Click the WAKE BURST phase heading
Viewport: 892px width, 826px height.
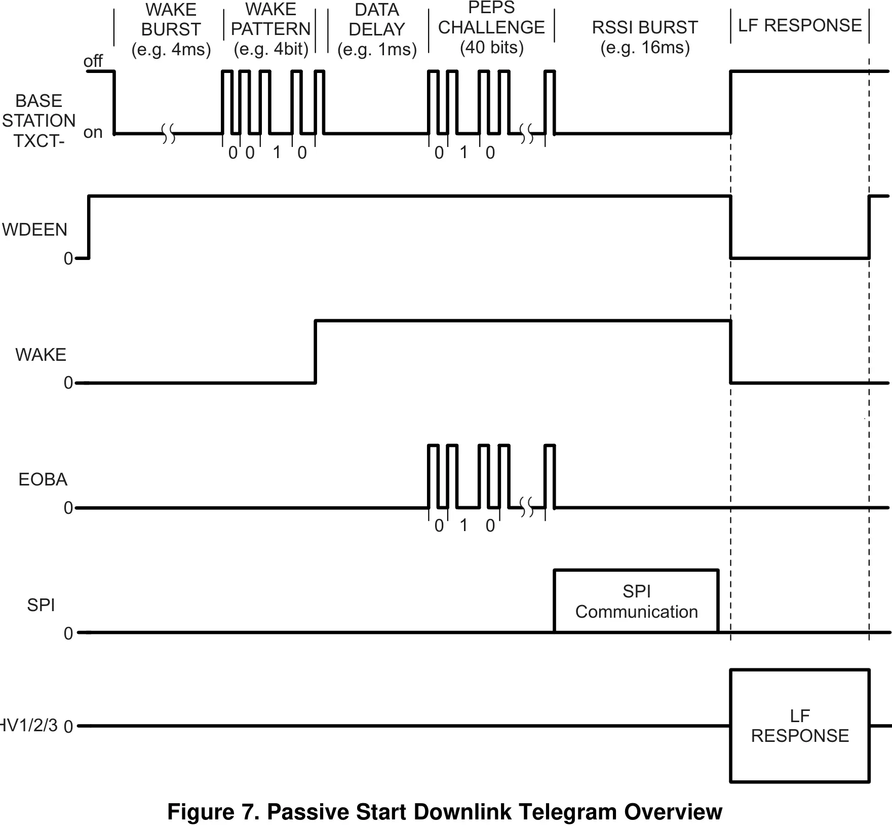(171, 29)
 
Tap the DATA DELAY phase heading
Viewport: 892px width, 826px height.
(377, 29)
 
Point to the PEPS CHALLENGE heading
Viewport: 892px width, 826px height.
(491, 27)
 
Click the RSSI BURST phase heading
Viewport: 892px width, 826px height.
(645, 27)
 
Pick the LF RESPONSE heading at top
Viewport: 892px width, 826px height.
(800, 25)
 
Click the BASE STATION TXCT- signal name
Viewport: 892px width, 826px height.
(38, 121)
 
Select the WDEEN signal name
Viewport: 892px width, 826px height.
(34, 230)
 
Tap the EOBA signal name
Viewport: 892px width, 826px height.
(43, 479)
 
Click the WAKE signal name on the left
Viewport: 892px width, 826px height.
(41, 355)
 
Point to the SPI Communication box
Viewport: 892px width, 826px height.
(636, 602)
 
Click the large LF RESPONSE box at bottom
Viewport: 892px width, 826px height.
(800, 726)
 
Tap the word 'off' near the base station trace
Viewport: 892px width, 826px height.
(93, 61)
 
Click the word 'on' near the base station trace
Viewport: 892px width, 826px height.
(93, 133)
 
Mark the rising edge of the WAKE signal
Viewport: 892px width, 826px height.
(315, 352)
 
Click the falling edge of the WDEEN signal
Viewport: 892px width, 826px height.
(730, 227)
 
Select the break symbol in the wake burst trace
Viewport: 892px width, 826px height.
(169, 134)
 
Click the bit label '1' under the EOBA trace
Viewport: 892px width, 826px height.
(463, 525)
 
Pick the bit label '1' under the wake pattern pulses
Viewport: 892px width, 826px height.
(277, 153)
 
